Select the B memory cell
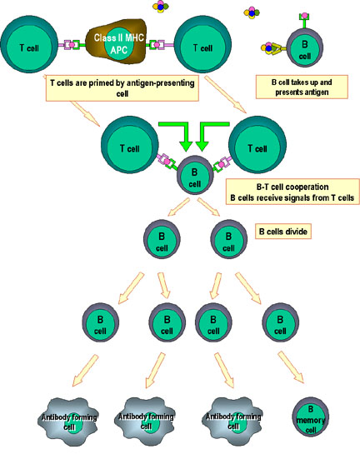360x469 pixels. (x=310, y=418)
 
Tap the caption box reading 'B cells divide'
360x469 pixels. (x=283, y=232)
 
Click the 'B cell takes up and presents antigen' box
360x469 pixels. (x=302, y=87)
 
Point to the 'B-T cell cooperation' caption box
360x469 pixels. (x=292, y=192)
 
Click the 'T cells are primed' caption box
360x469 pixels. (x=122, y=87)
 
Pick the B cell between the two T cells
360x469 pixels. (x=195, y=175)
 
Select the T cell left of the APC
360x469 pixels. (x=29, y=44)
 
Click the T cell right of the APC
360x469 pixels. (x=202, y=44)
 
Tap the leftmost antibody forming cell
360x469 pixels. (x=68, y=422)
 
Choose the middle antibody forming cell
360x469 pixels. (x=145, y=421)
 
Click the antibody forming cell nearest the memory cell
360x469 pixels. (x=232, y=421)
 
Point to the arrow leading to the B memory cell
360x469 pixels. (x=291, y=367)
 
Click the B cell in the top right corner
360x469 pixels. (x=305, y=47)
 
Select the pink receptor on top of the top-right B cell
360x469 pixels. (x=304, y=16)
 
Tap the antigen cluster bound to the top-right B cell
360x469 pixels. (x=268, y=47)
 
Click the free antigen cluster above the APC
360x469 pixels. (x=160, y=7)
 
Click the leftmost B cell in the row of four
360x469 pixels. (x=100, y=322)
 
